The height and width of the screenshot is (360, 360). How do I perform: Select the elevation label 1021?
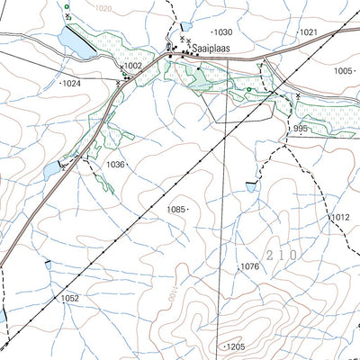tap(309, 32)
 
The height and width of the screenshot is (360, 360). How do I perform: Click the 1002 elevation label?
tap(132, 67)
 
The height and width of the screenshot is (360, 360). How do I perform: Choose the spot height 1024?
tap(71, 83)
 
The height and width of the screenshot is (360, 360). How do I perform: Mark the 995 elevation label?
tap(300, 130)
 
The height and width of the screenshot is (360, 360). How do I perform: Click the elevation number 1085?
tap(175, 209)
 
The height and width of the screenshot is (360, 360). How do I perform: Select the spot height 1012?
tap(338, 218)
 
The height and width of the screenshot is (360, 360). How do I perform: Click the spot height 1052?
tap(70, 298)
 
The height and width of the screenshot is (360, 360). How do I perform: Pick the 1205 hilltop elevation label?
tap(235, 346)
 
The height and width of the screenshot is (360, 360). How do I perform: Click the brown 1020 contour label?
tap(104, 8)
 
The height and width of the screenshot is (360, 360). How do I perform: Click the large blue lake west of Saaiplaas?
tap(74, 43)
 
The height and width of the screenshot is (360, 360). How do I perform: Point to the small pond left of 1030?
tap(185, 28)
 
